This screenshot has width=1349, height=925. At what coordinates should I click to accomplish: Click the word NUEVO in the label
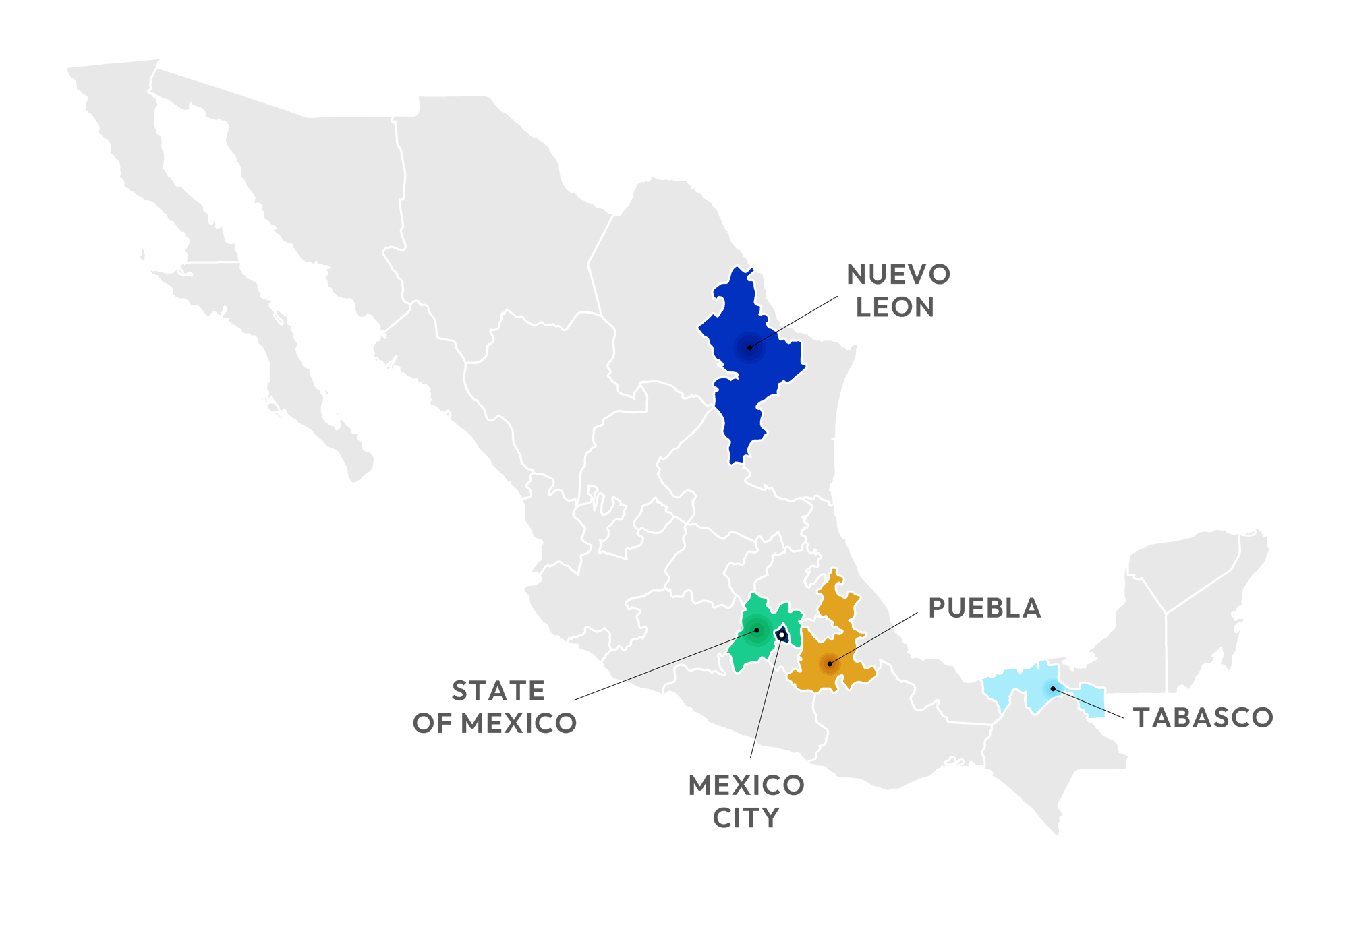[x=898, y=275]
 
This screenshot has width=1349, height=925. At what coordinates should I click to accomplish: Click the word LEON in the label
[x=894, y=307]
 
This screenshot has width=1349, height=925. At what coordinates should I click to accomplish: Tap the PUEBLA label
[x=984, y=608]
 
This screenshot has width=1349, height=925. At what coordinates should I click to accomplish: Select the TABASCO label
[x=1203, y=718]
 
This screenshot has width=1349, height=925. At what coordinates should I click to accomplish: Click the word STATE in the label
[x=498, y=692]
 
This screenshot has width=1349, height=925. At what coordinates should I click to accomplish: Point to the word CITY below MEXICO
[x=745, y=818]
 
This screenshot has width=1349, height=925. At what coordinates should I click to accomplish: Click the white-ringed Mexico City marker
[x=781, y=635]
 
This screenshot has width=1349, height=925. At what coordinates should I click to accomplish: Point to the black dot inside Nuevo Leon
[x=749, y=347]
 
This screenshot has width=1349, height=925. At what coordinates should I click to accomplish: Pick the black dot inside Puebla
[x=830, y=664]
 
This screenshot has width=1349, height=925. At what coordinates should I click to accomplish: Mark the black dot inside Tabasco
[x=1053, y=688]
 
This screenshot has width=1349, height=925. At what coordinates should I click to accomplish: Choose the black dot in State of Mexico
[x=757, y=630]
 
